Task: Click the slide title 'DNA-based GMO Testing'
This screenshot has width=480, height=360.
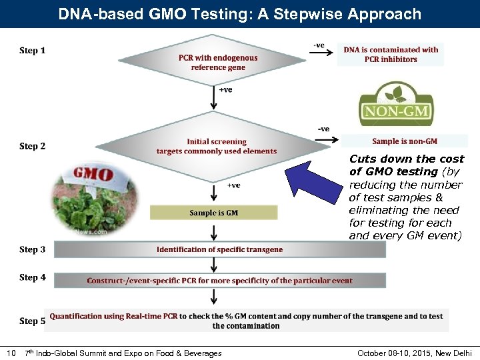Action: point(240,14)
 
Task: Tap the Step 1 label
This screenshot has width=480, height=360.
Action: point(33,51)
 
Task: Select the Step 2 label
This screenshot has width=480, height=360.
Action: point(33,146)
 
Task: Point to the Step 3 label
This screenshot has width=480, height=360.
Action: point(33,249)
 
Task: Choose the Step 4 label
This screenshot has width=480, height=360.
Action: point(33,277)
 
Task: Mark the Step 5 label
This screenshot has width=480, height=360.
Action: point(33,321)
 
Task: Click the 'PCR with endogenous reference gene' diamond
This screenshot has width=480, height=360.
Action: point(217,63)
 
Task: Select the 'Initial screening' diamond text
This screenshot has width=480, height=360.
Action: point(217,146)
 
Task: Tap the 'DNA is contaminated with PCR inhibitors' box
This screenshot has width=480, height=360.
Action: point(391,54)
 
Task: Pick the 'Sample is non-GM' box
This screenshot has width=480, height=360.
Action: point(404,141)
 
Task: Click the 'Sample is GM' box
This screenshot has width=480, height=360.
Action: point(213,213)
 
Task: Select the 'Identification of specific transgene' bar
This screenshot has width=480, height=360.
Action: point(219,249)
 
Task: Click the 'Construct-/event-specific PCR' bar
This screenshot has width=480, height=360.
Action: point(219,281)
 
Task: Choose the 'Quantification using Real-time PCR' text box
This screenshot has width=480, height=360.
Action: point(246,321)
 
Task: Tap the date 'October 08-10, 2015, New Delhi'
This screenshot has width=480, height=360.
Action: point(414,353)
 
